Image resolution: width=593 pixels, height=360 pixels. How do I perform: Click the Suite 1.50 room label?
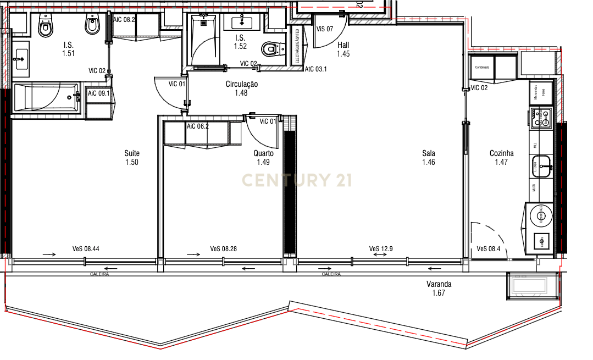click(132, 158)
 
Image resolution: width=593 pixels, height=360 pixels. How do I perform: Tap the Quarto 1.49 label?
click(263, 158)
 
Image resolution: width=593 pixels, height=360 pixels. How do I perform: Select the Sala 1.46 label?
click(429, 158)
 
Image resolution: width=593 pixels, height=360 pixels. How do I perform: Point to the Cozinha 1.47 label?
click(501, 158)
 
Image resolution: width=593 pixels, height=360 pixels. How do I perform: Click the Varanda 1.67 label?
click(439, 289)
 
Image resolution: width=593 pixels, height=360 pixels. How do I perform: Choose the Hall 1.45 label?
click(343, 49)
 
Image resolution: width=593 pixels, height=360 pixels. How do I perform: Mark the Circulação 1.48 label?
click(241, 88)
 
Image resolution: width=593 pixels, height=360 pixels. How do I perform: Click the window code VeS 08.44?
click(86, 249)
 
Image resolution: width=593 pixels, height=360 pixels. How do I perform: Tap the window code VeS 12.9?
click(381, 249)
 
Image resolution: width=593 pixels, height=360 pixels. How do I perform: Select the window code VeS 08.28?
click(223, 249)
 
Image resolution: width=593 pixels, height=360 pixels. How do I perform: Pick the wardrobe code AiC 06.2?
click(198, 126)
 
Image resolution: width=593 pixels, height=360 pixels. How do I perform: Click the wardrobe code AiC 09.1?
click(99, 93)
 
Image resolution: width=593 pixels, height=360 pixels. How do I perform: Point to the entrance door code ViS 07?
click(325, 29)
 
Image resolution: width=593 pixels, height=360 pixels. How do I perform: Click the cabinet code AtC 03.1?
click(316, 69)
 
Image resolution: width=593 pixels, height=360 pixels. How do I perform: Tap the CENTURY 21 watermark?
click(297, 180)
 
